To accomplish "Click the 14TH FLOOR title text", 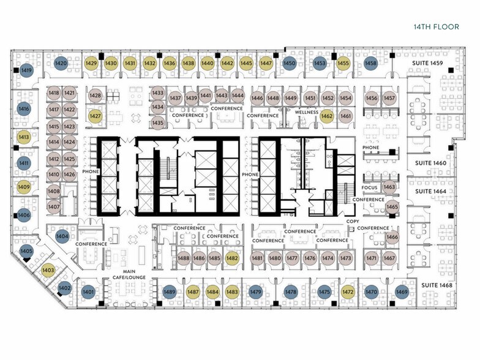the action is [436, 27].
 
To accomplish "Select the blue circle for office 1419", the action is [26, 70].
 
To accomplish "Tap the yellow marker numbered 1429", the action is [91, 64].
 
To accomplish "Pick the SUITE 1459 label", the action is [427, 63].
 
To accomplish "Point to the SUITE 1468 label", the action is [437, 285].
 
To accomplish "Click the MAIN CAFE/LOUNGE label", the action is [129, 274].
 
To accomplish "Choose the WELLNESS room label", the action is [306, 113].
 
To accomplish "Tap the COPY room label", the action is [353, 222].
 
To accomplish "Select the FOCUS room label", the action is [370, 187].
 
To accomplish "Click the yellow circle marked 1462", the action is [327, 116].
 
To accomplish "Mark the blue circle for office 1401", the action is [88, 292].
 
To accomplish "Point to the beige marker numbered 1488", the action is [184, 258].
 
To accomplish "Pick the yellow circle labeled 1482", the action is [231, 258].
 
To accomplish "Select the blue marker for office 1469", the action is [402, 292].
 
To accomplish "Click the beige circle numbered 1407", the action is [54, 207].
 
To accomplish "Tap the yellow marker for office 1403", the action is [48, 271].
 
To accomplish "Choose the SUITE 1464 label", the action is [430, 191].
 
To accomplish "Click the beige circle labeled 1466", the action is [392, 238].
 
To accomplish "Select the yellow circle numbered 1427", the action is [96, 116].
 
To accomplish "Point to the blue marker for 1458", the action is [370, 64].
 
